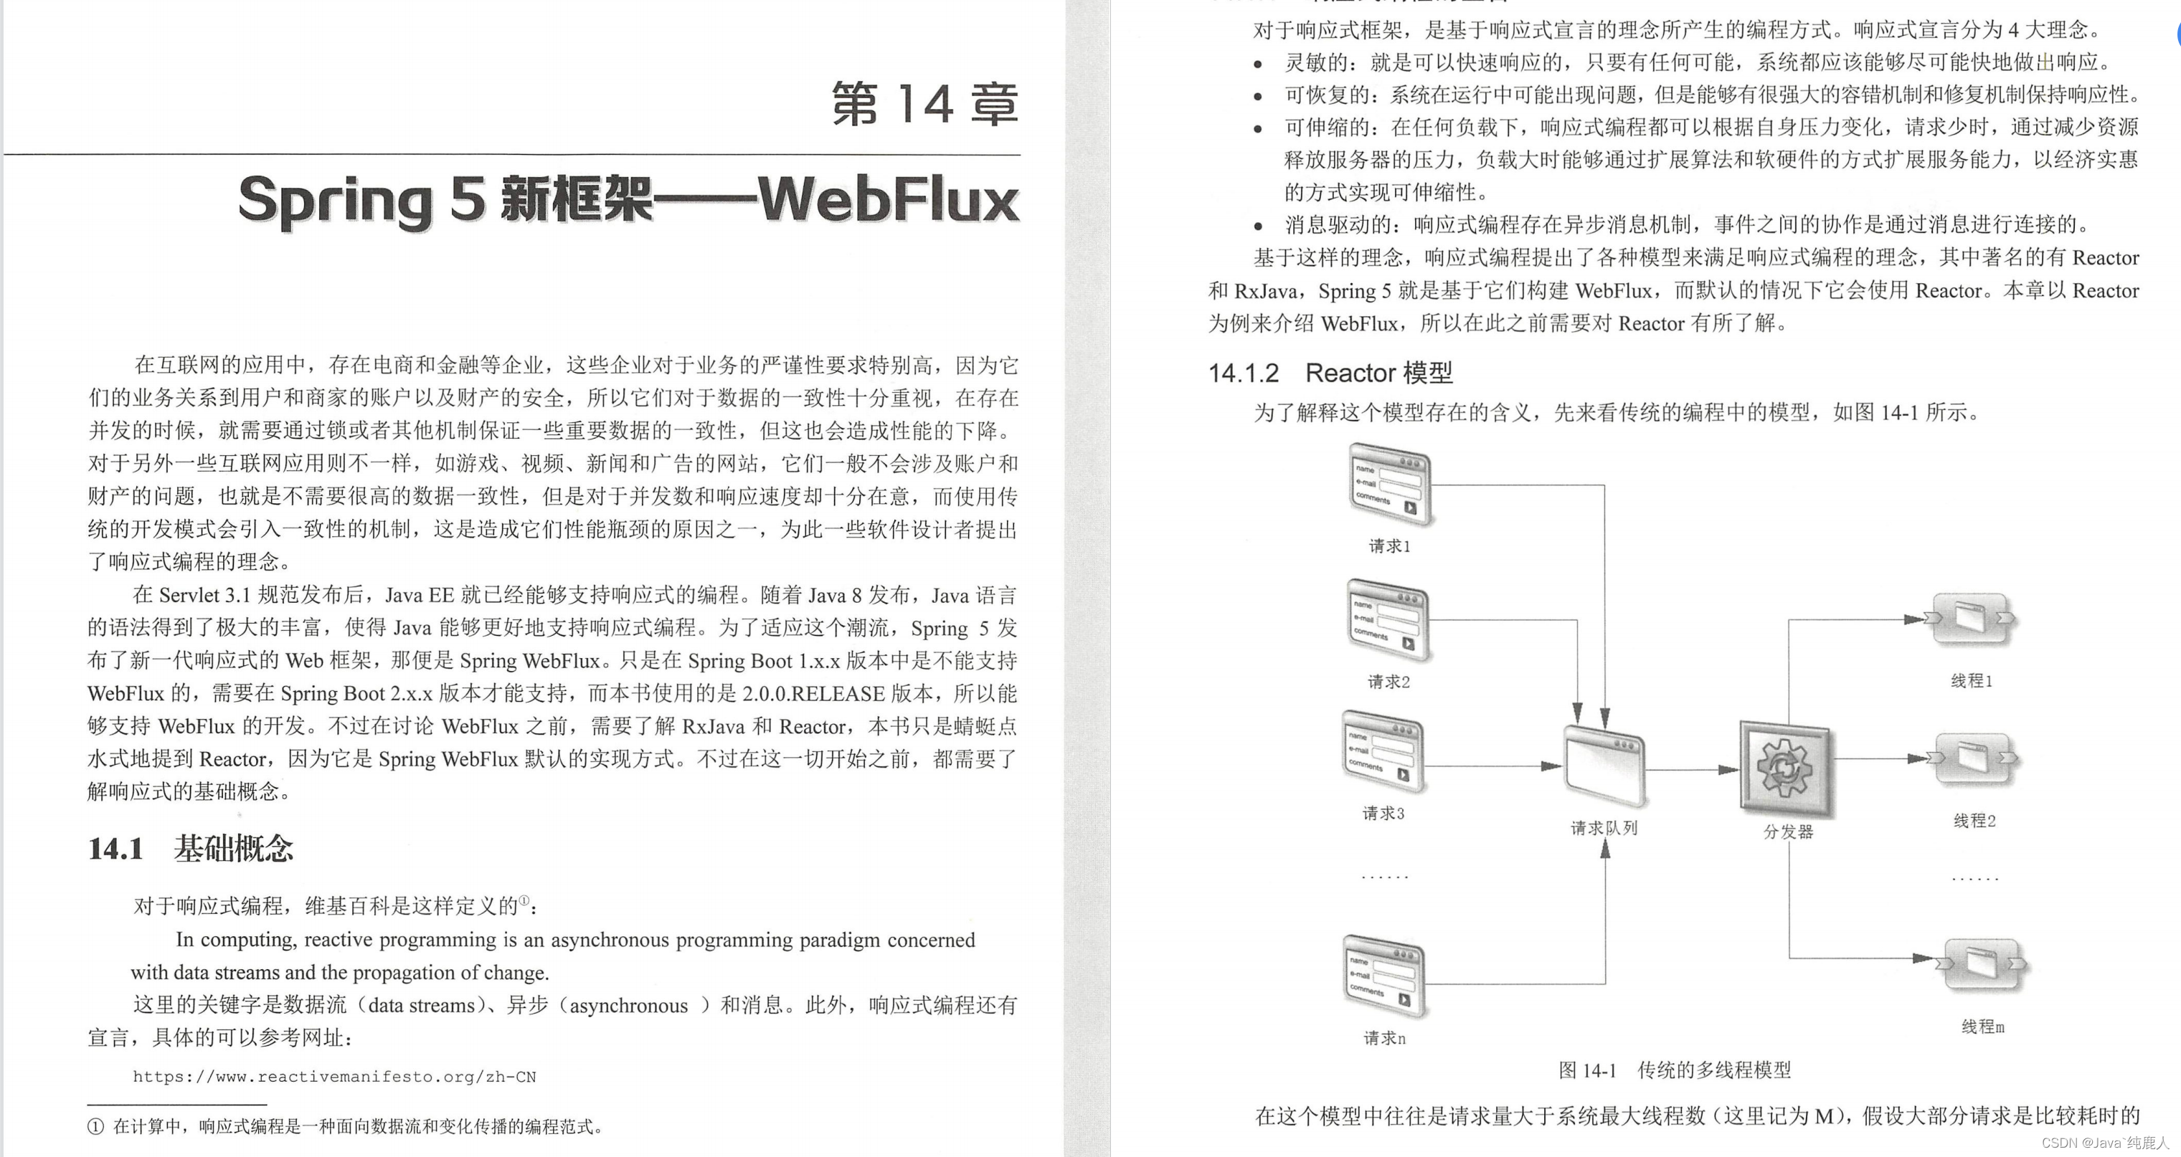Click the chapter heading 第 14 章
[x=924, y=105]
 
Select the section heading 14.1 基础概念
[x=191, y=848]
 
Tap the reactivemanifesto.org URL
[x=334, y=1077]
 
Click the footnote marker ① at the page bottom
[x=95, y=1126]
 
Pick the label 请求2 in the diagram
[x=1388, y=681]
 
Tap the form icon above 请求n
[x=1384, y=976]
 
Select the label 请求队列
[x=1604, y=828]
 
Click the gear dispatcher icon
[x=1785, y=768]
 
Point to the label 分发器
[x=1788, y=832]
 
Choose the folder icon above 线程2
[x=1975, y=758]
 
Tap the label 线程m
[x=1983, y=1027]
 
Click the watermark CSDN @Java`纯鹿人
[x=2105, y=1143]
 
